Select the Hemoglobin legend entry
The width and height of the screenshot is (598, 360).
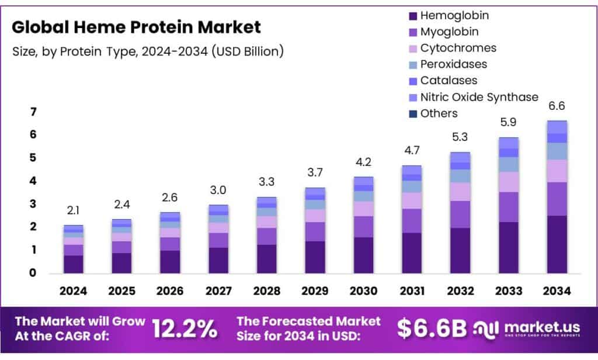pyautogui.click(x=454, y=16)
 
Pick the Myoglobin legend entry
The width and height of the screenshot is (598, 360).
pyautogui.click(x=449, y=32)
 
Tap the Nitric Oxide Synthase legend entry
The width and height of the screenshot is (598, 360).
pyautogui.click(x=479, y=97)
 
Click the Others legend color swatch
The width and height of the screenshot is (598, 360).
pyautogui.click(x=414, y=113)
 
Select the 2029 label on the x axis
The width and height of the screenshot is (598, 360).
pyautogui.click(x=315, y=290)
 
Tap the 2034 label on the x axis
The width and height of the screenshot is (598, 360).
pyautogui.click(x=557, y=290)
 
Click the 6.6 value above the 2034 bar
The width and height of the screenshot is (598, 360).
pyautogui.click(x=557, y=106)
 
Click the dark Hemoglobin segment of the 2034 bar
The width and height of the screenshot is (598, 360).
pyautogui.click(x=557, y=244)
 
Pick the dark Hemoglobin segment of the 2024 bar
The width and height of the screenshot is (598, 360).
pyautogui.click(x=74, y=264)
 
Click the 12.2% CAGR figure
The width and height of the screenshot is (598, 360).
pyautogui.click(x=185, y=329)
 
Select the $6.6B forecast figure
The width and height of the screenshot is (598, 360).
pyautogui.click(x=432, y=329)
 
